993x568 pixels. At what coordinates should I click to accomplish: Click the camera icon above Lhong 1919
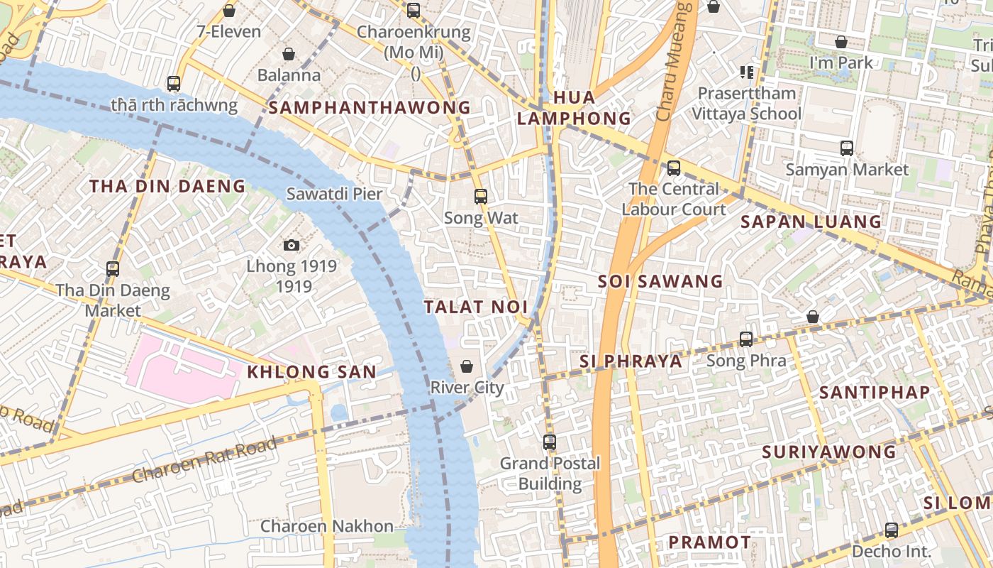click(291, 246)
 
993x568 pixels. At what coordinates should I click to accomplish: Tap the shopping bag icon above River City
click(467, 366)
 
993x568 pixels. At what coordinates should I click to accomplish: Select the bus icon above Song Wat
click(481, 197)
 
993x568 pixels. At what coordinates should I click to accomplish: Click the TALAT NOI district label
click(476, 307)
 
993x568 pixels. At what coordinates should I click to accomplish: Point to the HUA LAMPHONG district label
click(574, 108)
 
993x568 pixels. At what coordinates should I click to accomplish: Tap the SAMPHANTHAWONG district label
click(370, 107)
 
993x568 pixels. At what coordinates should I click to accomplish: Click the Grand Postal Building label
click(550, 474)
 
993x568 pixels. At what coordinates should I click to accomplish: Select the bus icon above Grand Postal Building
click(550, 442)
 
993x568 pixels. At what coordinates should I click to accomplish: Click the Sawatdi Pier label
click(334, 194)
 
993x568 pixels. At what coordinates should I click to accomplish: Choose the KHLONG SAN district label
click(311, 371)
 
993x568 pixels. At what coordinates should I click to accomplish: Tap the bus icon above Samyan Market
click(847, 148)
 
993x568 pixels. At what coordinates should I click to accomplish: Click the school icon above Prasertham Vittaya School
click(746, 72)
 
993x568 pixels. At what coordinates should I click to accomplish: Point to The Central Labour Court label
click(674, 199)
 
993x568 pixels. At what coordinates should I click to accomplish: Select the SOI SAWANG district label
click(660, 281)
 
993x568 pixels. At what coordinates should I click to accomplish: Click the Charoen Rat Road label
click(204, 461)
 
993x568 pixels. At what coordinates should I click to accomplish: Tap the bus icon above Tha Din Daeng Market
click(113, 269)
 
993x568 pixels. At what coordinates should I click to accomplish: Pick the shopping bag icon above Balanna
click(289, 54)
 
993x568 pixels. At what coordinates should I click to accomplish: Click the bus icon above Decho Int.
click(892, 530)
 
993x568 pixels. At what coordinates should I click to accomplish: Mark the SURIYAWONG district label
click(829, 452)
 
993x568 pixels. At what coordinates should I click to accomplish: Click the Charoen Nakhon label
click(326, 526)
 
